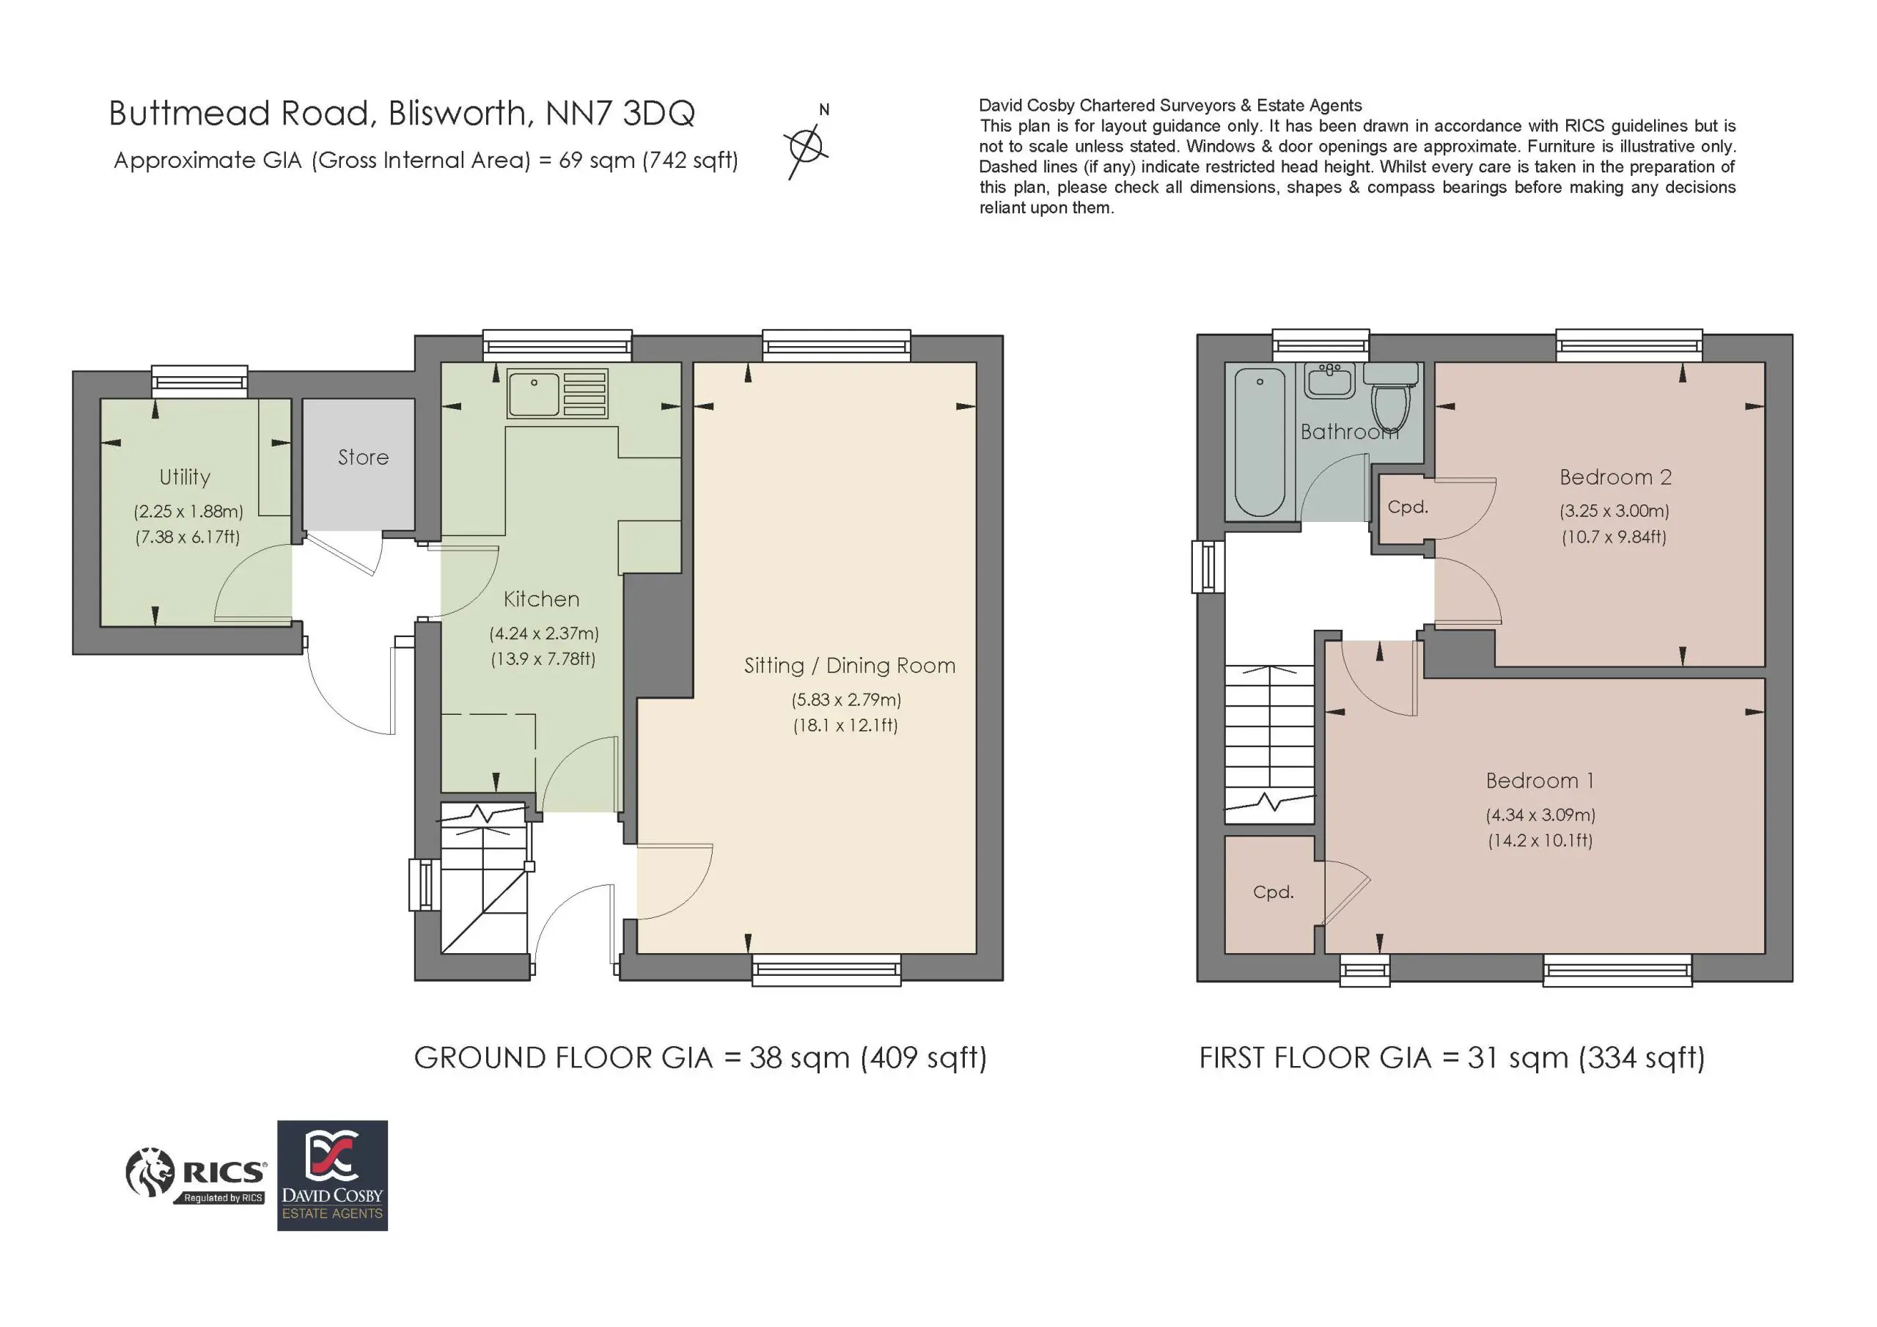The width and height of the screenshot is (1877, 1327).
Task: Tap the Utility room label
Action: (185, 477)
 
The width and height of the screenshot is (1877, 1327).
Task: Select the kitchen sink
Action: (557, 394)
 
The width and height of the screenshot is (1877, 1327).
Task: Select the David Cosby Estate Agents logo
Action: (332, 1175)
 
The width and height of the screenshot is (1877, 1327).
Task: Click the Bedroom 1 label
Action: (1540, 781)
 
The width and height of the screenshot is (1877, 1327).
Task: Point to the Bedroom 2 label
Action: (1615, 477)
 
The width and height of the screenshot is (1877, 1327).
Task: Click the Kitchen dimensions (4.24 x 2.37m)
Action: (543, 633)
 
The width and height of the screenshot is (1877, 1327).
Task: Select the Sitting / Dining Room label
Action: (849, 666)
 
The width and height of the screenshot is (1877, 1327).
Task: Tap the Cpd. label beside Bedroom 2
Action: (1408, 507)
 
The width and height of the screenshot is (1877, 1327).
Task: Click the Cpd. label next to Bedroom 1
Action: (1273, 892)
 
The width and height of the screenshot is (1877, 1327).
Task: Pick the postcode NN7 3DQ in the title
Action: (620, 114)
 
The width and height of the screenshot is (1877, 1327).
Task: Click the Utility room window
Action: (199, 381)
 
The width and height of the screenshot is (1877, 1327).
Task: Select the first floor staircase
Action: (1270, 743)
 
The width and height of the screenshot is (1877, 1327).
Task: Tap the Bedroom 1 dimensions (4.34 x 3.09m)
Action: (1540, 815)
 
